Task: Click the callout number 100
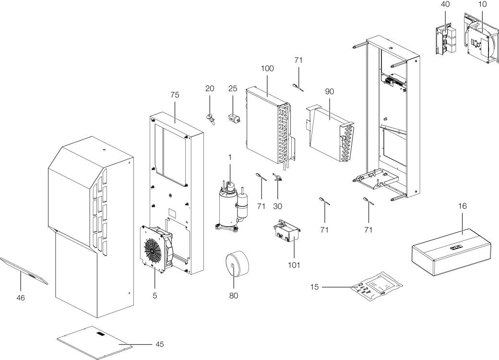click(267, 69)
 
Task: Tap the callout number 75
click(175, 95)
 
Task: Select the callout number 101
click(294, 265)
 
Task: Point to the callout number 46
click(21, 298)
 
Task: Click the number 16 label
click(463, 206)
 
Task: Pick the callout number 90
click(330, 92)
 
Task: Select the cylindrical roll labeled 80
click(237, 263)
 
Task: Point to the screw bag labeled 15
click(377, 286)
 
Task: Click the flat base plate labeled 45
click(95, 342)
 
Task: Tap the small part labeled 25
click(234, 119)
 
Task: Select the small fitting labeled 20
click(210, 118)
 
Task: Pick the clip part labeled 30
click(277, 177)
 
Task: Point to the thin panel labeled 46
click(24, 270)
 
